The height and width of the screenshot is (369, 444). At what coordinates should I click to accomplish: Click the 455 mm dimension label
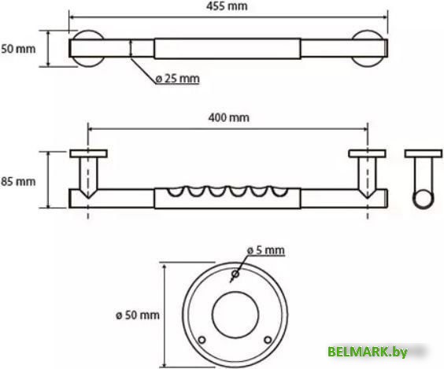227,6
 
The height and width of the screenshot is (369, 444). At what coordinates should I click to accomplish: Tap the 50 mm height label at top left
18,49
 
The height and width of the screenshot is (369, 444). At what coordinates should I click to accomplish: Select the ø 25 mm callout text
178,79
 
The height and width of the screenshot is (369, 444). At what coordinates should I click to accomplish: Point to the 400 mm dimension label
229,117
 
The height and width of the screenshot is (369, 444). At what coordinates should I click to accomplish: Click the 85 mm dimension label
18,182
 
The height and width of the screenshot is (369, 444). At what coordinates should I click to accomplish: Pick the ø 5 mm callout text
265,250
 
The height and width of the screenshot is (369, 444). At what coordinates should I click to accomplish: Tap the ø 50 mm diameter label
138,315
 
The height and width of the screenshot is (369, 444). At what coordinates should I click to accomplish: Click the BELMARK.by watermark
368,352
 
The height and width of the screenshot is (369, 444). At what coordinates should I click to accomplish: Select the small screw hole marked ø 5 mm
235,274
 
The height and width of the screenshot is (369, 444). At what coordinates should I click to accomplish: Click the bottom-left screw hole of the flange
202,340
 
